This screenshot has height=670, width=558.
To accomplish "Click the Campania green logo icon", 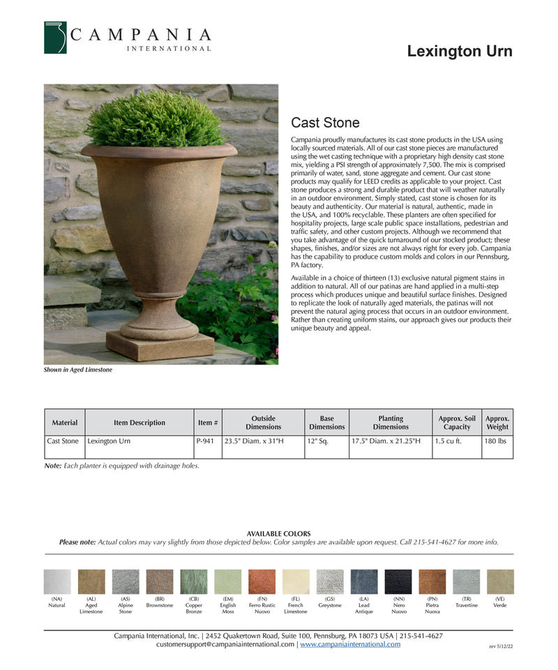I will (x=55, y=38).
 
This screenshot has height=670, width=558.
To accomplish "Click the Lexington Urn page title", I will (x=459, y=51).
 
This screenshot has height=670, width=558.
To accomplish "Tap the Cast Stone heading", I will (x=325, y=123).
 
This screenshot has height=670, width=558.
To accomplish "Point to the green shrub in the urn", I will (x=155, y=120).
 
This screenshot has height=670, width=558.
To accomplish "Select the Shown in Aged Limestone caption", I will (x=78, y=370).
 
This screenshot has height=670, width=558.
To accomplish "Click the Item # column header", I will (x=208, y=423).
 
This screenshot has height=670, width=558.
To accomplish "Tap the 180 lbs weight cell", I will (x=497, y=441).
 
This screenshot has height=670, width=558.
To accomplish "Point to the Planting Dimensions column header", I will (x=391, y=423).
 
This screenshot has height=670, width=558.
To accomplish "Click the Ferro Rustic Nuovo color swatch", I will (x=262, y=581).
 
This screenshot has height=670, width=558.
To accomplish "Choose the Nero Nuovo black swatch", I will (x=398, y=581).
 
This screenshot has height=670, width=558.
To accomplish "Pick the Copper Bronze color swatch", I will (x=194, y=581).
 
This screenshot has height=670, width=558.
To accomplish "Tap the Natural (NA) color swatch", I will (x=57, y=581).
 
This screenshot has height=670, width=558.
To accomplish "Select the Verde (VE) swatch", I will (x=500, y=581).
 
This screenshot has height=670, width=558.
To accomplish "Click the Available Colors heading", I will (x=278, y=534).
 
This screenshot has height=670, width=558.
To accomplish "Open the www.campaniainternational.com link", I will (x=350, y=644).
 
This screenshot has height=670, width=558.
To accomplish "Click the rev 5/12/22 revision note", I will (x=501, y=647).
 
